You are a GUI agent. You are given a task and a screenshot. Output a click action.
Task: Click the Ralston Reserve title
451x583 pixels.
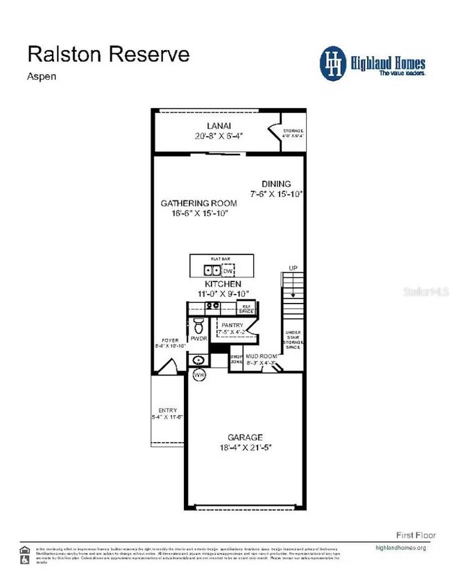point(108,53)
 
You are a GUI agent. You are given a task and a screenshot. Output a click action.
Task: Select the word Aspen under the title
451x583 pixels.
point(42,76)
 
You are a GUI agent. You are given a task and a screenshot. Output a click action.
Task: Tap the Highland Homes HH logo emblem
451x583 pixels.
point(334,62)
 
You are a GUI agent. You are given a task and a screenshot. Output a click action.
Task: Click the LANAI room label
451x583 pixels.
point(213,125)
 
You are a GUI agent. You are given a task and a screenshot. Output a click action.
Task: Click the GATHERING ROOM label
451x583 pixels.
point(198,203)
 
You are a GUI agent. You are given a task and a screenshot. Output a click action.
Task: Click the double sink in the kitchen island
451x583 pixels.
point(212,270)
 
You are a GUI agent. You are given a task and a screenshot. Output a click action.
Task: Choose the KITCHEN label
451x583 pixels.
point(223,284)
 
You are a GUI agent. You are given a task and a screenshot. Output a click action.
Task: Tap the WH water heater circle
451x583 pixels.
point(200,375)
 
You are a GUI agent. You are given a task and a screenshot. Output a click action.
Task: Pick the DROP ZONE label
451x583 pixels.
point(236,360)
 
